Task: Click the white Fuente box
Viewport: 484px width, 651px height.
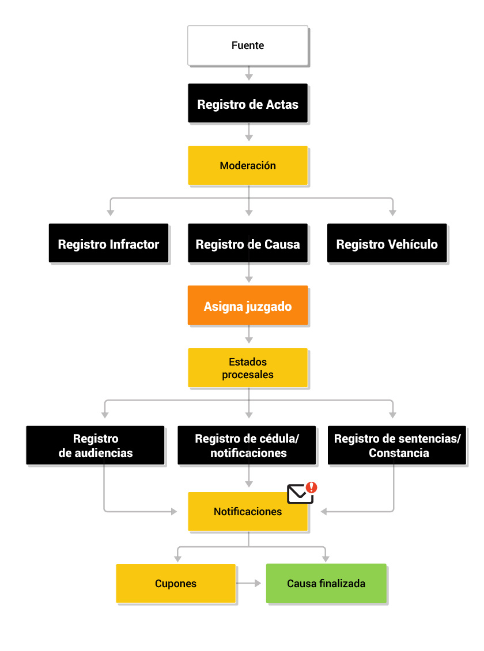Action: point(248,45)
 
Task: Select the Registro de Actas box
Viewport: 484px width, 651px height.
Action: point(248,104)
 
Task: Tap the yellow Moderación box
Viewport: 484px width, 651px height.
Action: point(248,165)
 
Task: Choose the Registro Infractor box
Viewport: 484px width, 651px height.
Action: point(108,243)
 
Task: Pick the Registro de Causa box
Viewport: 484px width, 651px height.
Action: point(248,243)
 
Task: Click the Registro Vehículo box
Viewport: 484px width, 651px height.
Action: point(387,243)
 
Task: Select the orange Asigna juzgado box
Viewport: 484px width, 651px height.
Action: point(248,305)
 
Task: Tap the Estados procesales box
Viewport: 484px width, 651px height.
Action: point(248,367)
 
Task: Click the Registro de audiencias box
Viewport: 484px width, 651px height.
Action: point(95,445)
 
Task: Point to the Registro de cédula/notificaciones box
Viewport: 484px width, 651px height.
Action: point(247,445)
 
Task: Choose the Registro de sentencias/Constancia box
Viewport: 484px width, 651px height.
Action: point(397,445)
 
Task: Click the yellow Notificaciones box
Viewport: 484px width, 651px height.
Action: point(248,512)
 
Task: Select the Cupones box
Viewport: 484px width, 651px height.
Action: point(176,583)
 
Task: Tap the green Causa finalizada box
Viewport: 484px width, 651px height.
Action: point(326,583)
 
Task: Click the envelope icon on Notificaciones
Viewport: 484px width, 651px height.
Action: point(300,494)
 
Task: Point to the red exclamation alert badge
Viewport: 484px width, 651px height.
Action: point(312,488)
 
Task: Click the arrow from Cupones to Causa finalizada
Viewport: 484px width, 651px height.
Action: point(248,583)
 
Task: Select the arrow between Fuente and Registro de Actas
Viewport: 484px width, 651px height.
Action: point(249,73)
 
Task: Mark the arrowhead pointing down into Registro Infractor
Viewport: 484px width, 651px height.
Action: point(111,212)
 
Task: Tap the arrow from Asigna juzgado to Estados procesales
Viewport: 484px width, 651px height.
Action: point(249,334)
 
